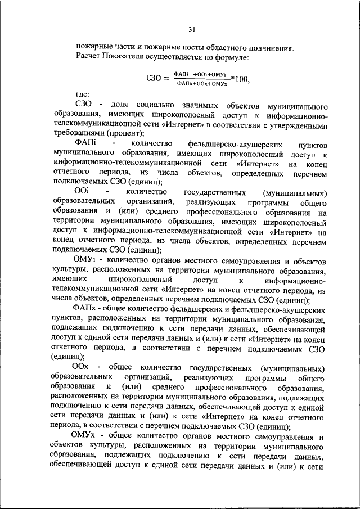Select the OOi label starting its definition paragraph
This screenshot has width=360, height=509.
[x=82, y=193]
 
